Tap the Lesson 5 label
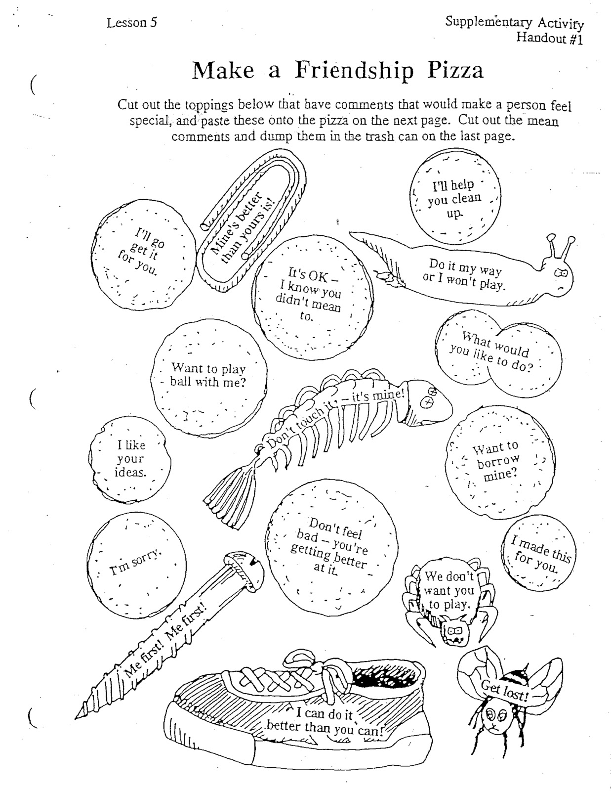tap(131, 23)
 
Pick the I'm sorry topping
tap(136, 564)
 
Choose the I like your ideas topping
tap(131, 459)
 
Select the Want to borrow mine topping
tap(499, 461)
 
